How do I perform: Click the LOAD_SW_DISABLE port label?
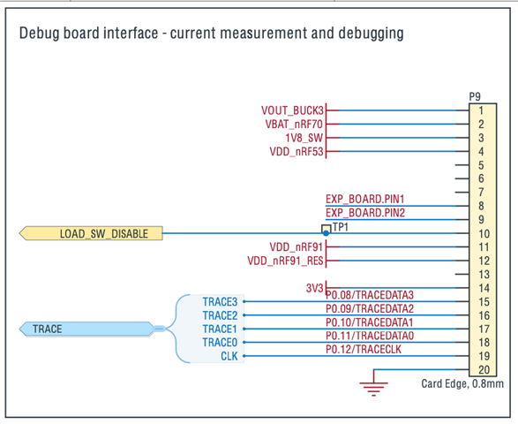coord(91,233)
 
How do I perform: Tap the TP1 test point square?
coord(326,229)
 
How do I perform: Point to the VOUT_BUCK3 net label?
coord(292,110)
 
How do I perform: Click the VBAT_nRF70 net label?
coord(294,124)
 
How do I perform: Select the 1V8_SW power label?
coord(304,138)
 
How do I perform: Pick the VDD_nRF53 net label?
coord(297,151)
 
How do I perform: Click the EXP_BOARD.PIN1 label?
coord(365,199)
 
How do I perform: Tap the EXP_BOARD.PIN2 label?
coord(365,213)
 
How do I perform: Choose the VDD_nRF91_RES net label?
coord(285,261)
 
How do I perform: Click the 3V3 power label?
coord(314,288)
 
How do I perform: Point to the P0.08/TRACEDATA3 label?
coord(370,295)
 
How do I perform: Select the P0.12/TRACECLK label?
coord(364,349)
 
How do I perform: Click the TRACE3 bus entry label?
coord(220,301)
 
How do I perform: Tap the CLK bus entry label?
coord(229,356)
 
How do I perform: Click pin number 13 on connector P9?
coord(484,275)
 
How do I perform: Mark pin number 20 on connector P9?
coord(484,370)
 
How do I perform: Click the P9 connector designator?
coord(475,96)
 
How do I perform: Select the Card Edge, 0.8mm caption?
coord(462,383)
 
